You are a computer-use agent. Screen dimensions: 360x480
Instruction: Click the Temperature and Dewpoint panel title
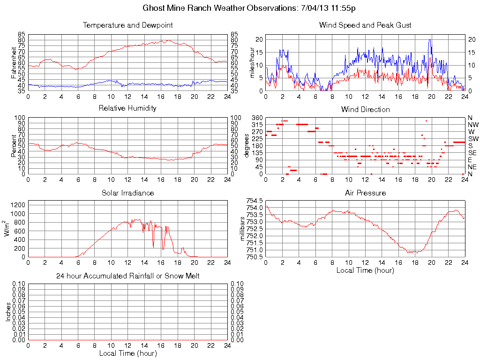[127, 25]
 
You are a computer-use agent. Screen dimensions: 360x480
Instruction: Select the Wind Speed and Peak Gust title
[365, 25]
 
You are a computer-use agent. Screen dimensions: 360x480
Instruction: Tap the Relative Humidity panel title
[127, 108]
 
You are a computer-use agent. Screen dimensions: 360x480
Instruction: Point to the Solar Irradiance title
[127, 193]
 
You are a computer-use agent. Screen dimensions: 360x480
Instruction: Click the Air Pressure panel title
[365, 193]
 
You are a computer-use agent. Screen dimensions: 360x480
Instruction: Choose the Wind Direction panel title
[365, 110]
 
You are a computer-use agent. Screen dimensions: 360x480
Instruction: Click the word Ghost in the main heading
[153, 8]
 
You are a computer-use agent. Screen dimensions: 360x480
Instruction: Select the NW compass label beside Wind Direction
[473, 125]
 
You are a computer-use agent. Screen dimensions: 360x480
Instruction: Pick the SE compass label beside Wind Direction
[472, 153]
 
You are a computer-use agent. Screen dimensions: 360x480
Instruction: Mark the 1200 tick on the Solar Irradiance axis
[18, 204]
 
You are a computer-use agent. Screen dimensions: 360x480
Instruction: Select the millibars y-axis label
[243, 229]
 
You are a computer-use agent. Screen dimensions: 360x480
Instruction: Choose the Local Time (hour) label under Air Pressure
[365, 270]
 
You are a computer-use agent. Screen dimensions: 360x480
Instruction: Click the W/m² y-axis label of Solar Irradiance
[8, 229]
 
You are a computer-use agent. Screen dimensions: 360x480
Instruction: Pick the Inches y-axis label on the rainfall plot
[8, 312]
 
